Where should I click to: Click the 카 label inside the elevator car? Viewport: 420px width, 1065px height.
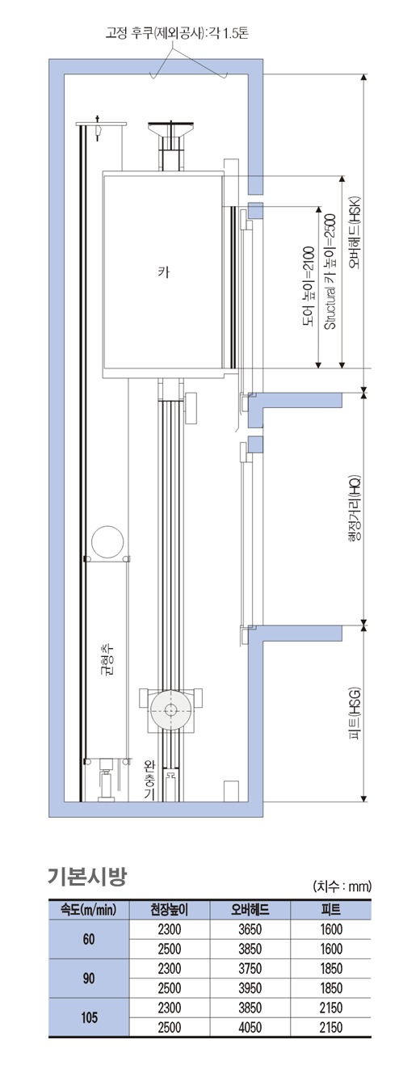[163, 272]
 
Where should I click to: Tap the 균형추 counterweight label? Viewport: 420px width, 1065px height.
[109, 660]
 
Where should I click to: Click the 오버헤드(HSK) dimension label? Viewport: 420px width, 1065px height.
[356, 233]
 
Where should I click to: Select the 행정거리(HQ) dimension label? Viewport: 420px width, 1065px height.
[356, 508]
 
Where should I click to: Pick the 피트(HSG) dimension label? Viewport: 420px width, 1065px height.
[356, 714]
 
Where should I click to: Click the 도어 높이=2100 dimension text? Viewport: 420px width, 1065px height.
[309, 287]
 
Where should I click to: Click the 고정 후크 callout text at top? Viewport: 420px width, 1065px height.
[177, 33]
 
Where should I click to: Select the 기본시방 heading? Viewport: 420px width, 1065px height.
[87, 876]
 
